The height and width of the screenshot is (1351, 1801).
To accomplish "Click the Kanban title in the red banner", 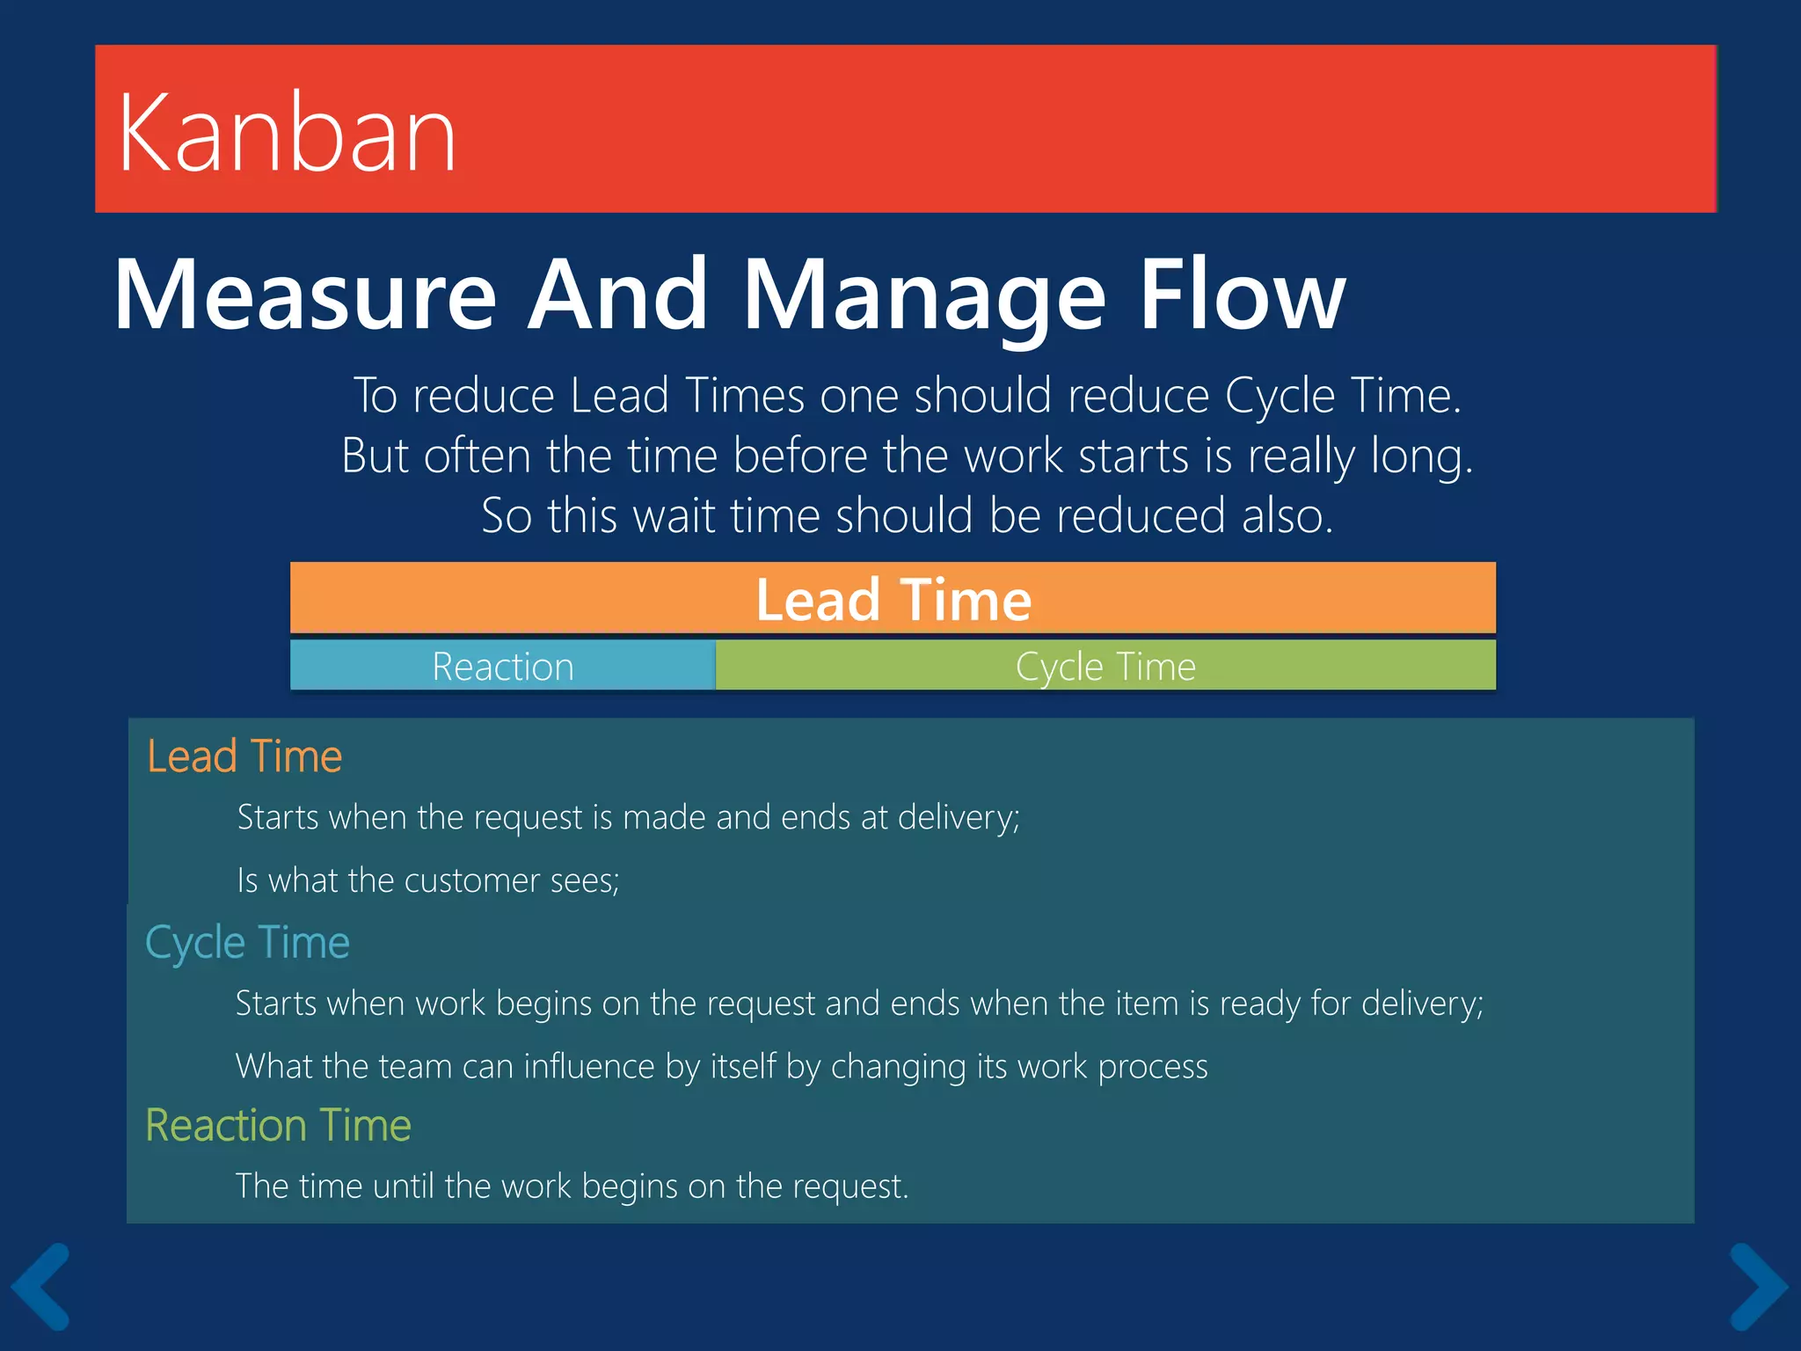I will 287,134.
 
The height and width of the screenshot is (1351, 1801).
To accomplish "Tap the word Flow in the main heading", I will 1242,295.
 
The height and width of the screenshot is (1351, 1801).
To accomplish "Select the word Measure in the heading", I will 305,295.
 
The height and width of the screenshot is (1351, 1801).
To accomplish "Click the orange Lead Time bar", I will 893,599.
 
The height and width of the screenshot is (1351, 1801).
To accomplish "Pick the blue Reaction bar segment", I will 502,666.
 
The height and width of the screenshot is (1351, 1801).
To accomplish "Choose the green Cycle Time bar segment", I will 1105,666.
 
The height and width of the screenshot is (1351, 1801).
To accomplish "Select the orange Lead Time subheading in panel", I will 244,756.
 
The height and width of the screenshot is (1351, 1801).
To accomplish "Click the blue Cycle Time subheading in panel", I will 247,943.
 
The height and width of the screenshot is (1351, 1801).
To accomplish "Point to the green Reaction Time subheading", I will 278,1126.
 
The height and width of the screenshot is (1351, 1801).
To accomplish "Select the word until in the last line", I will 405,1187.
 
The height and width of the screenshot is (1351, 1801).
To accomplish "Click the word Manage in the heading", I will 923,295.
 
